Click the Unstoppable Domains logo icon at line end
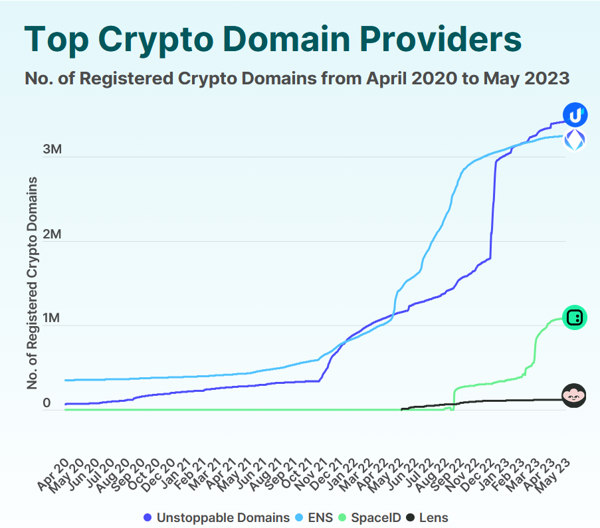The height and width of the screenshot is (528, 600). click(575, 115)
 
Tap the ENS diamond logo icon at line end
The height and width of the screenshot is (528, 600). click(575, 140)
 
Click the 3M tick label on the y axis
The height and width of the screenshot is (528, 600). click(52, 149)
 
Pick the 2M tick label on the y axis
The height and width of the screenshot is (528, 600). click(52, 234)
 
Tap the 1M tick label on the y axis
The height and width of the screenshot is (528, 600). click(52, 319)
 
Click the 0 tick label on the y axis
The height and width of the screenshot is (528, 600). click(47, 403)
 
